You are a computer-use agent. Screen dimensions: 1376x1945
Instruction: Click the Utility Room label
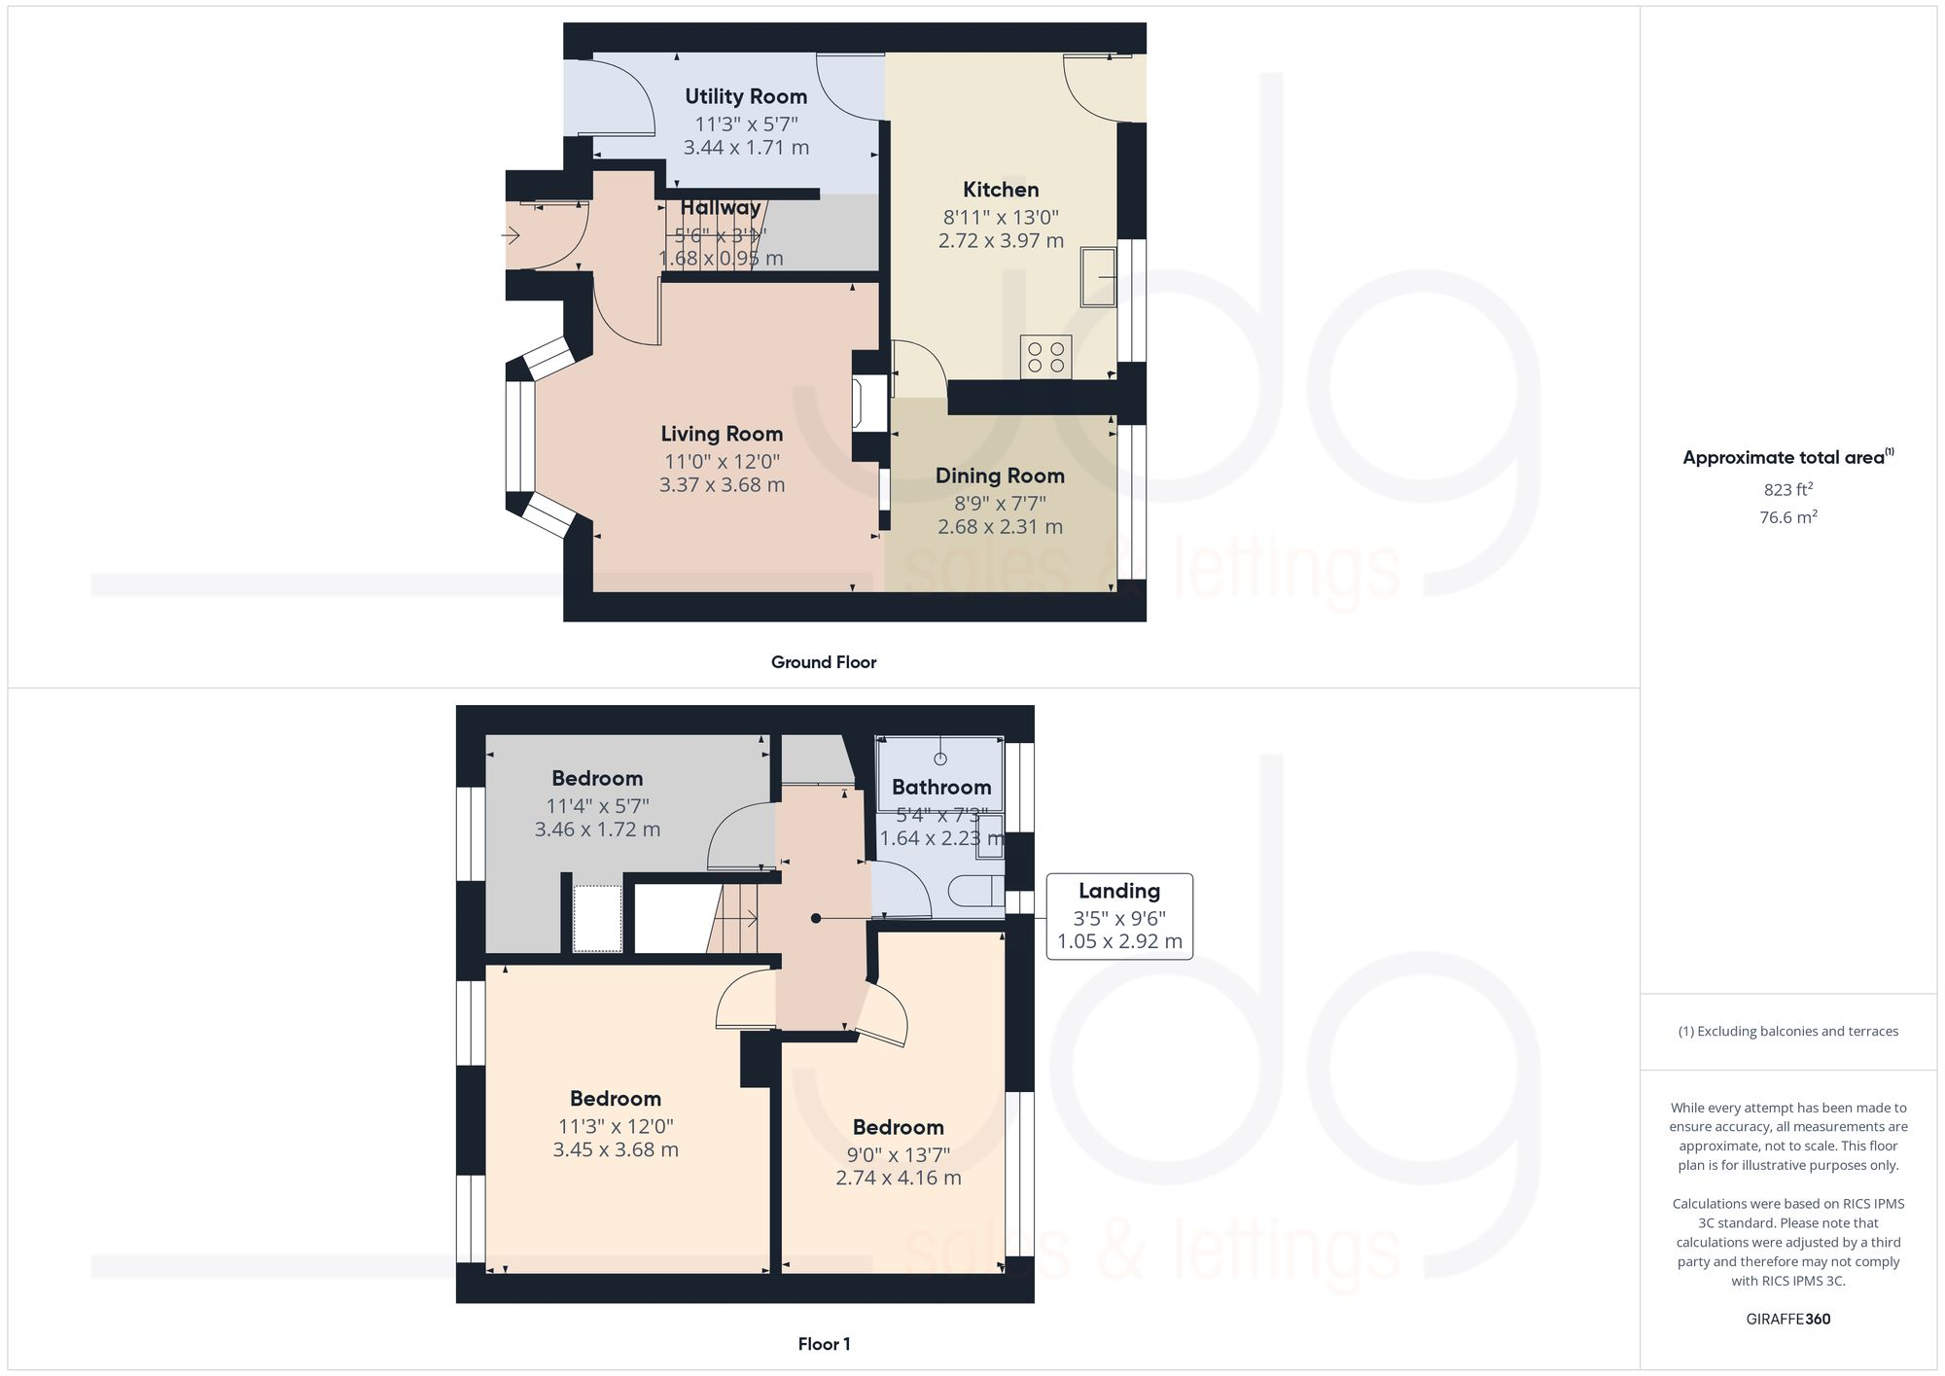click(746, 96)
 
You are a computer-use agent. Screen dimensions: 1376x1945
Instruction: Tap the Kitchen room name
click(1001, 190)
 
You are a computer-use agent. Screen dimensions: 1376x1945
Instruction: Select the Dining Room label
click(1000, 476)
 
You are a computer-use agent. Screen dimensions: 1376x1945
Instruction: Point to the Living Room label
click(722, 434)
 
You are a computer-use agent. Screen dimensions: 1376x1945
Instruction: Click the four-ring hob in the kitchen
click(1045, 357)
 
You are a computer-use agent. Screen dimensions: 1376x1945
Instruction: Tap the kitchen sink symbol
click(1099, 276)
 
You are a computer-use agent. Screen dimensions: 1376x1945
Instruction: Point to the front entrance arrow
click(511, 234)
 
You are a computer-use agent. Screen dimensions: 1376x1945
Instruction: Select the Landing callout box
click(1119, 916)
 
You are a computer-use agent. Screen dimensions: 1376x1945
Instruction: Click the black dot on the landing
click(816, 918)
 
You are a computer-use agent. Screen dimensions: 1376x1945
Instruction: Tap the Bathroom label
click(941, 787)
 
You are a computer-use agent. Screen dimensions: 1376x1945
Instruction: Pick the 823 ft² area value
click(1787, 489)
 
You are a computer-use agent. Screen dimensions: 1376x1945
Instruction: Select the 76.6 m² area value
click(1787, 517)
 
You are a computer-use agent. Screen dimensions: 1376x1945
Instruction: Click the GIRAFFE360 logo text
click(1787, 1319)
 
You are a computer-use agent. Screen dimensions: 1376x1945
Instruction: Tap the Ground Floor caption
click(824, 662)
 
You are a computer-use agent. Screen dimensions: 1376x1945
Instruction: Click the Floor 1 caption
click(824, 1344)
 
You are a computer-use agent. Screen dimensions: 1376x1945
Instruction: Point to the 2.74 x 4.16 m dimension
click(899, 1178)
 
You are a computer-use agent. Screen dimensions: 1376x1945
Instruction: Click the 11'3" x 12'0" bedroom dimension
click(616, 1126)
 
